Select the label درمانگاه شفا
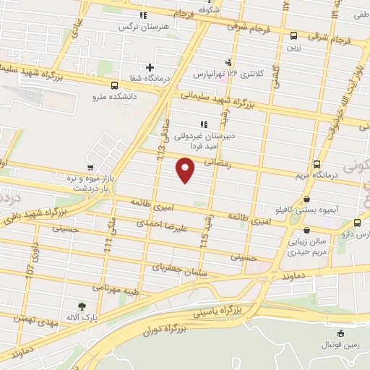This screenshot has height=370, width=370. coord(149,78)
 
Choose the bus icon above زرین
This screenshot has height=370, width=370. coord(293,35)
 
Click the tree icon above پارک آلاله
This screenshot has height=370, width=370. coord(81,306)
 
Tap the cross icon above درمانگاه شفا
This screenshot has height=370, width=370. coord(149,67)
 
